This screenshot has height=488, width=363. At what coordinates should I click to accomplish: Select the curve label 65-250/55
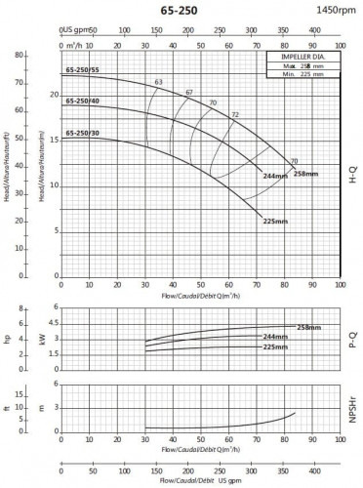click(x=82, y=71)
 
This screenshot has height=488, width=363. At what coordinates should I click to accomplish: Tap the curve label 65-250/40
click(x=82, y=101)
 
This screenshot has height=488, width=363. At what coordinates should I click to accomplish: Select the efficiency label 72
click(x=234, y=116)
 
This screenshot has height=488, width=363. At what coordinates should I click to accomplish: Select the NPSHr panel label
click(x=353, y=410)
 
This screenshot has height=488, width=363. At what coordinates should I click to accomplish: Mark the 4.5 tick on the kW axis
click(x=54, y=323)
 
